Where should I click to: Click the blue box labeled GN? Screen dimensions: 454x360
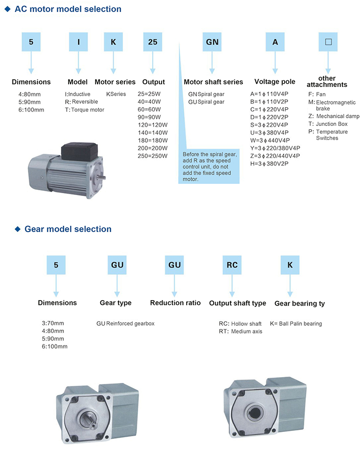[212, 42]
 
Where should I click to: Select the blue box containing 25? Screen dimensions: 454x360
[152, 42]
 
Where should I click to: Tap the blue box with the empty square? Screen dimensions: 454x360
[328, 42]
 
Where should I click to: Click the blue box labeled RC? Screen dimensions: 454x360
[232, 265]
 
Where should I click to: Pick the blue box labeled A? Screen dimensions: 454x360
[275, 42]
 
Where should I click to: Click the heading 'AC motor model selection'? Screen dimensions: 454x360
[68, 9]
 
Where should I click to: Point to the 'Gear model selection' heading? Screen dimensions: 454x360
[68, 229]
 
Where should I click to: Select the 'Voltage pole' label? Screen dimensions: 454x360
[275, 82]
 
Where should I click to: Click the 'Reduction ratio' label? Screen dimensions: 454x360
[175, 303]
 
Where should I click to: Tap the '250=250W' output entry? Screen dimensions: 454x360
[153, 156]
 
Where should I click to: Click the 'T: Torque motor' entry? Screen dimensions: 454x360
[84, 110]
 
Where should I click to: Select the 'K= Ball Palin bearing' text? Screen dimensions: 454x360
[296, 324]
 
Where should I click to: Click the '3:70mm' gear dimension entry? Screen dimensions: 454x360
[53, 323]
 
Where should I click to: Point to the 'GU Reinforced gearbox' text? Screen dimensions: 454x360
[125, 324]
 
